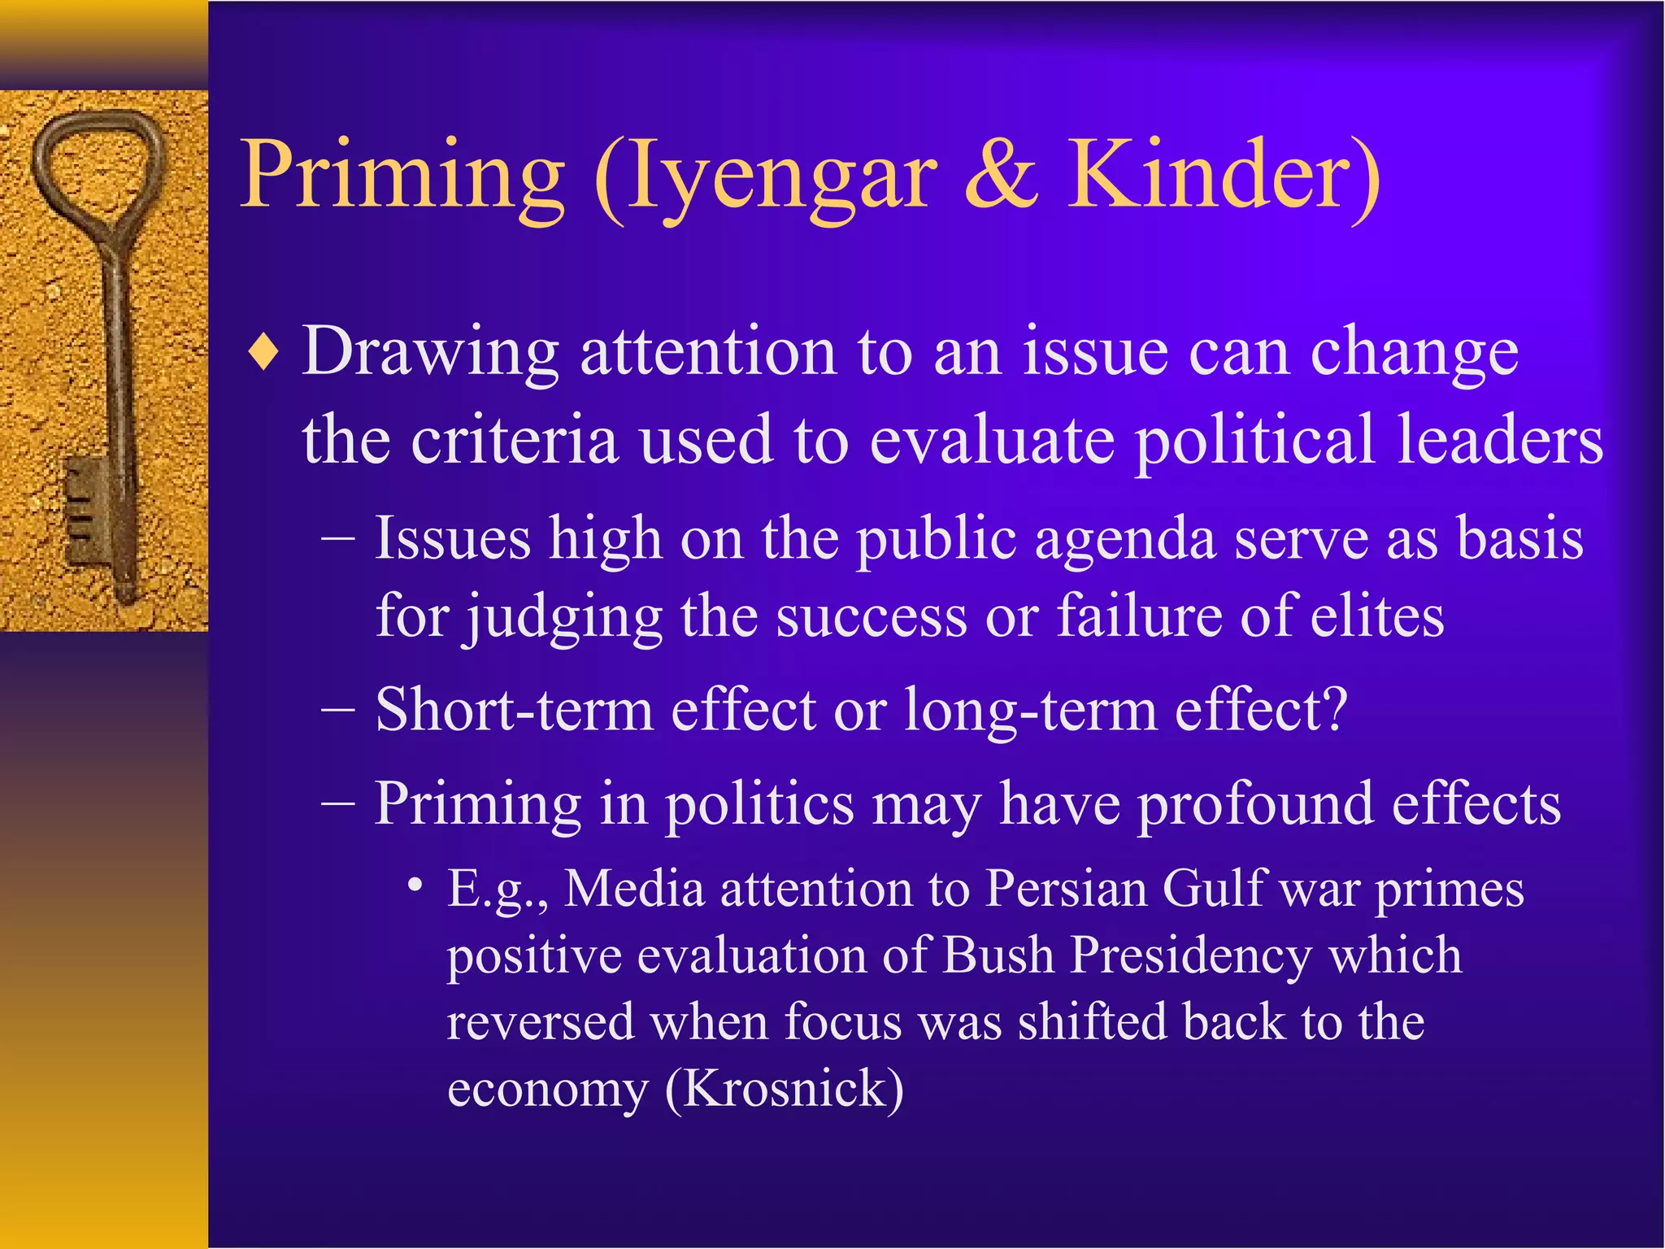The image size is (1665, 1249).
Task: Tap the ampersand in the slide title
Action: (1002, 175)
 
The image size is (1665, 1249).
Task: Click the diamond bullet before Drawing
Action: (264, 355)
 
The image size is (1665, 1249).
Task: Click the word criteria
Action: (515, 440)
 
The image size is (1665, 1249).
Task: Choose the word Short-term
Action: (515, 710)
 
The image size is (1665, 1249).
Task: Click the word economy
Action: (547, 1090)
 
